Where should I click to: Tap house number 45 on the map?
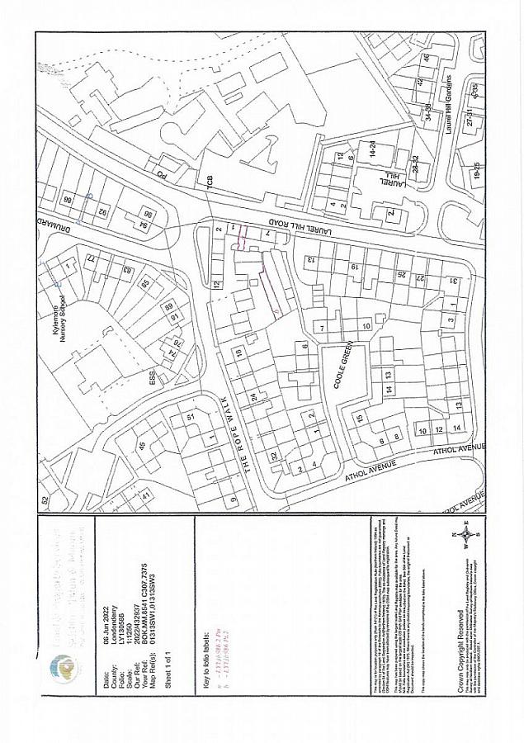[x=141, y=446]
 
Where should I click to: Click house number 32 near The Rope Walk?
[x=273, y=456]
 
